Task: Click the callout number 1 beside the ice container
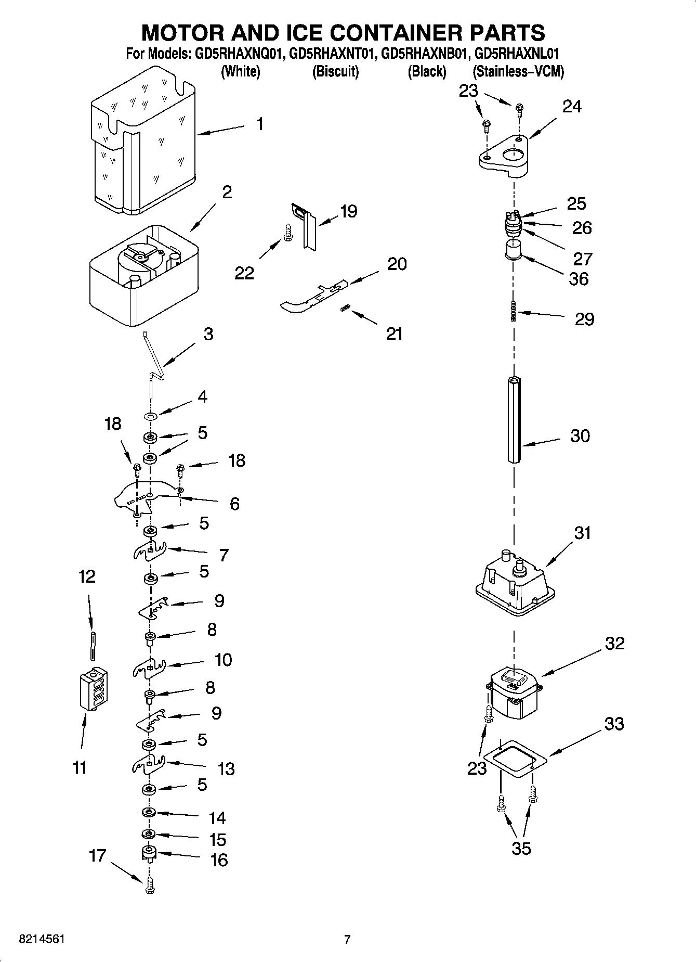point(259,124)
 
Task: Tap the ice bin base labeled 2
point(143,276)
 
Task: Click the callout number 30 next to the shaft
point(580,435)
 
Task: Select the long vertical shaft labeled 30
point(514,419)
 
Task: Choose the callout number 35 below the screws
point(521,848)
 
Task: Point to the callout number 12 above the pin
point(87,576)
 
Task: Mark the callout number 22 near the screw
point(244,273)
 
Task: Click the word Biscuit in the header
point(335,71)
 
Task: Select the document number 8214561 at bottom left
point(42,939)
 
